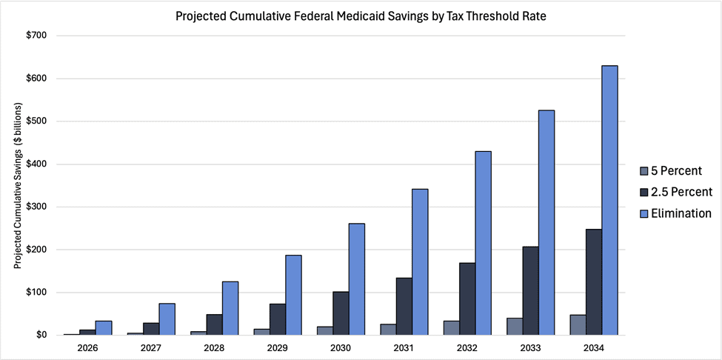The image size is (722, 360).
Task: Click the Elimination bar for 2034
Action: (609, 200)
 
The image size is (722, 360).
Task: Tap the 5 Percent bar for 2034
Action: (578, 324)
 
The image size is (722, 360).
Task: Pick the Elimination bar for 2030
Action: (356, 279)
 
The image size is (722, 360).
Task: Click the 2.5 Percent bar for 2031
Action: (404, 306)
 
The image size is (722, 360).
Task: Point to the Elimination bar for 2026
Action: (103, 327)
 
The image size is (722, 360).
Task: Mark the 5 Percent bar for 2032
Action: (451, 327)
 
